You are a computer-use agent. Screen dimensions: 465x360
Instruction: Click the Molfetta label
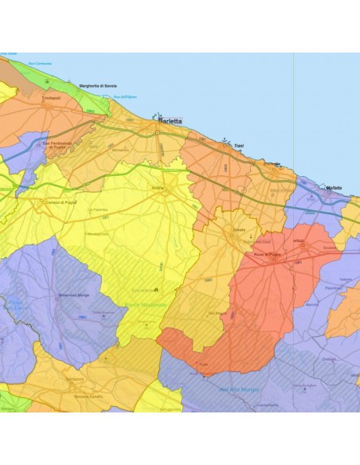(x=334, y=188)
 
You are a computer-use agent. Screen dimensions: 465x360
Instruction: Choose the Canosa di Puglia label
(x=49, y=201)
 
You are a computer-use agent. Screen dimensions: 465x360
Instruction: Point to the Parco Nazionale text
(x=145, y=305)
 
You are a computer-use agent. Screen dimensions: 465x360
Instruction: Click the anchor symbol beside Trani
(x=225, y=143)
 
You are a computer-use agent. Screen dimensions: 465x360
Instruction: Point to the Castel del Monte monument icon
(x=156, y=288)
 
